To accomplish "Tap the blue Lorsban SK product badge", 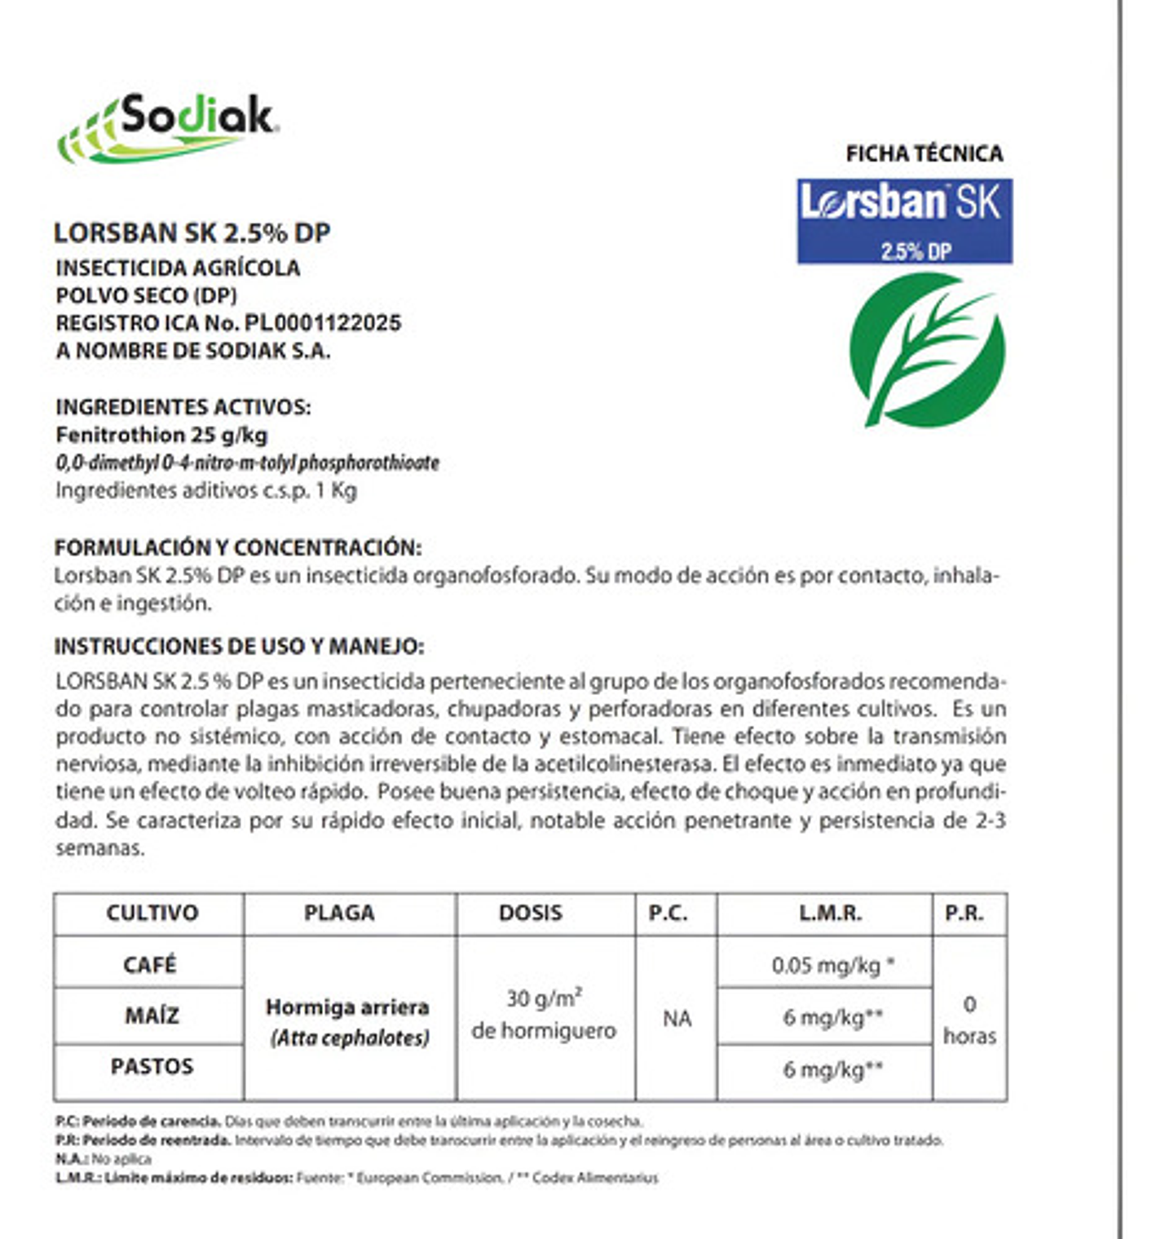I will click(904, 221).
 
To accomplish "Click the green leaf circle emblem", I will click(927, 350).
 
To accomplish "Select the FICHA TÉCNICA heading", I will click(924, 153).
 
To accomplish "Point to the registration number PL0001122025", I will click(323, 323).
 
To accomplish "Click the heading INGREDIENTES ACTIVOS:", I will click(183, 407).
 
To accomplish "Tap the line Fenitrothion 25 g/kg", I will click(161, 435).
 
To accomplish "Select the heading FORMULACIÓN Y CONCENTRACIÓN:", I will click(238, 547).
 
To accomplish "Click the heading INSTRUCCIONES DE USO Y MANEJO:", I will click(239, 647).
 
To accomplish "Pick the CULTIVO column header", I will click(152, 913).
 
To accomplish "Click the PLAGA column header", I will click(339, 913).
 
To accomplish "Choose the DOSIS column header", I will click(530, 913).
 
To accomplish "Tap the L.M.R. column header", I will click(830, 913).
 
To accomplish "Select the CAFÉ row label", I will click(149, 964).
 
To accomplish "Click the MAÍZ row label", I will click(152, 1016).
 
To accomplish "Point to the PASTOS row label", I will click(152, 1066).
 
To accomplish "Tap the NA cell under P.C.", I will click(677, 1019).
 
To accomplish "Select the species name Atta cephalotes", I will click(351, 1038).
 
